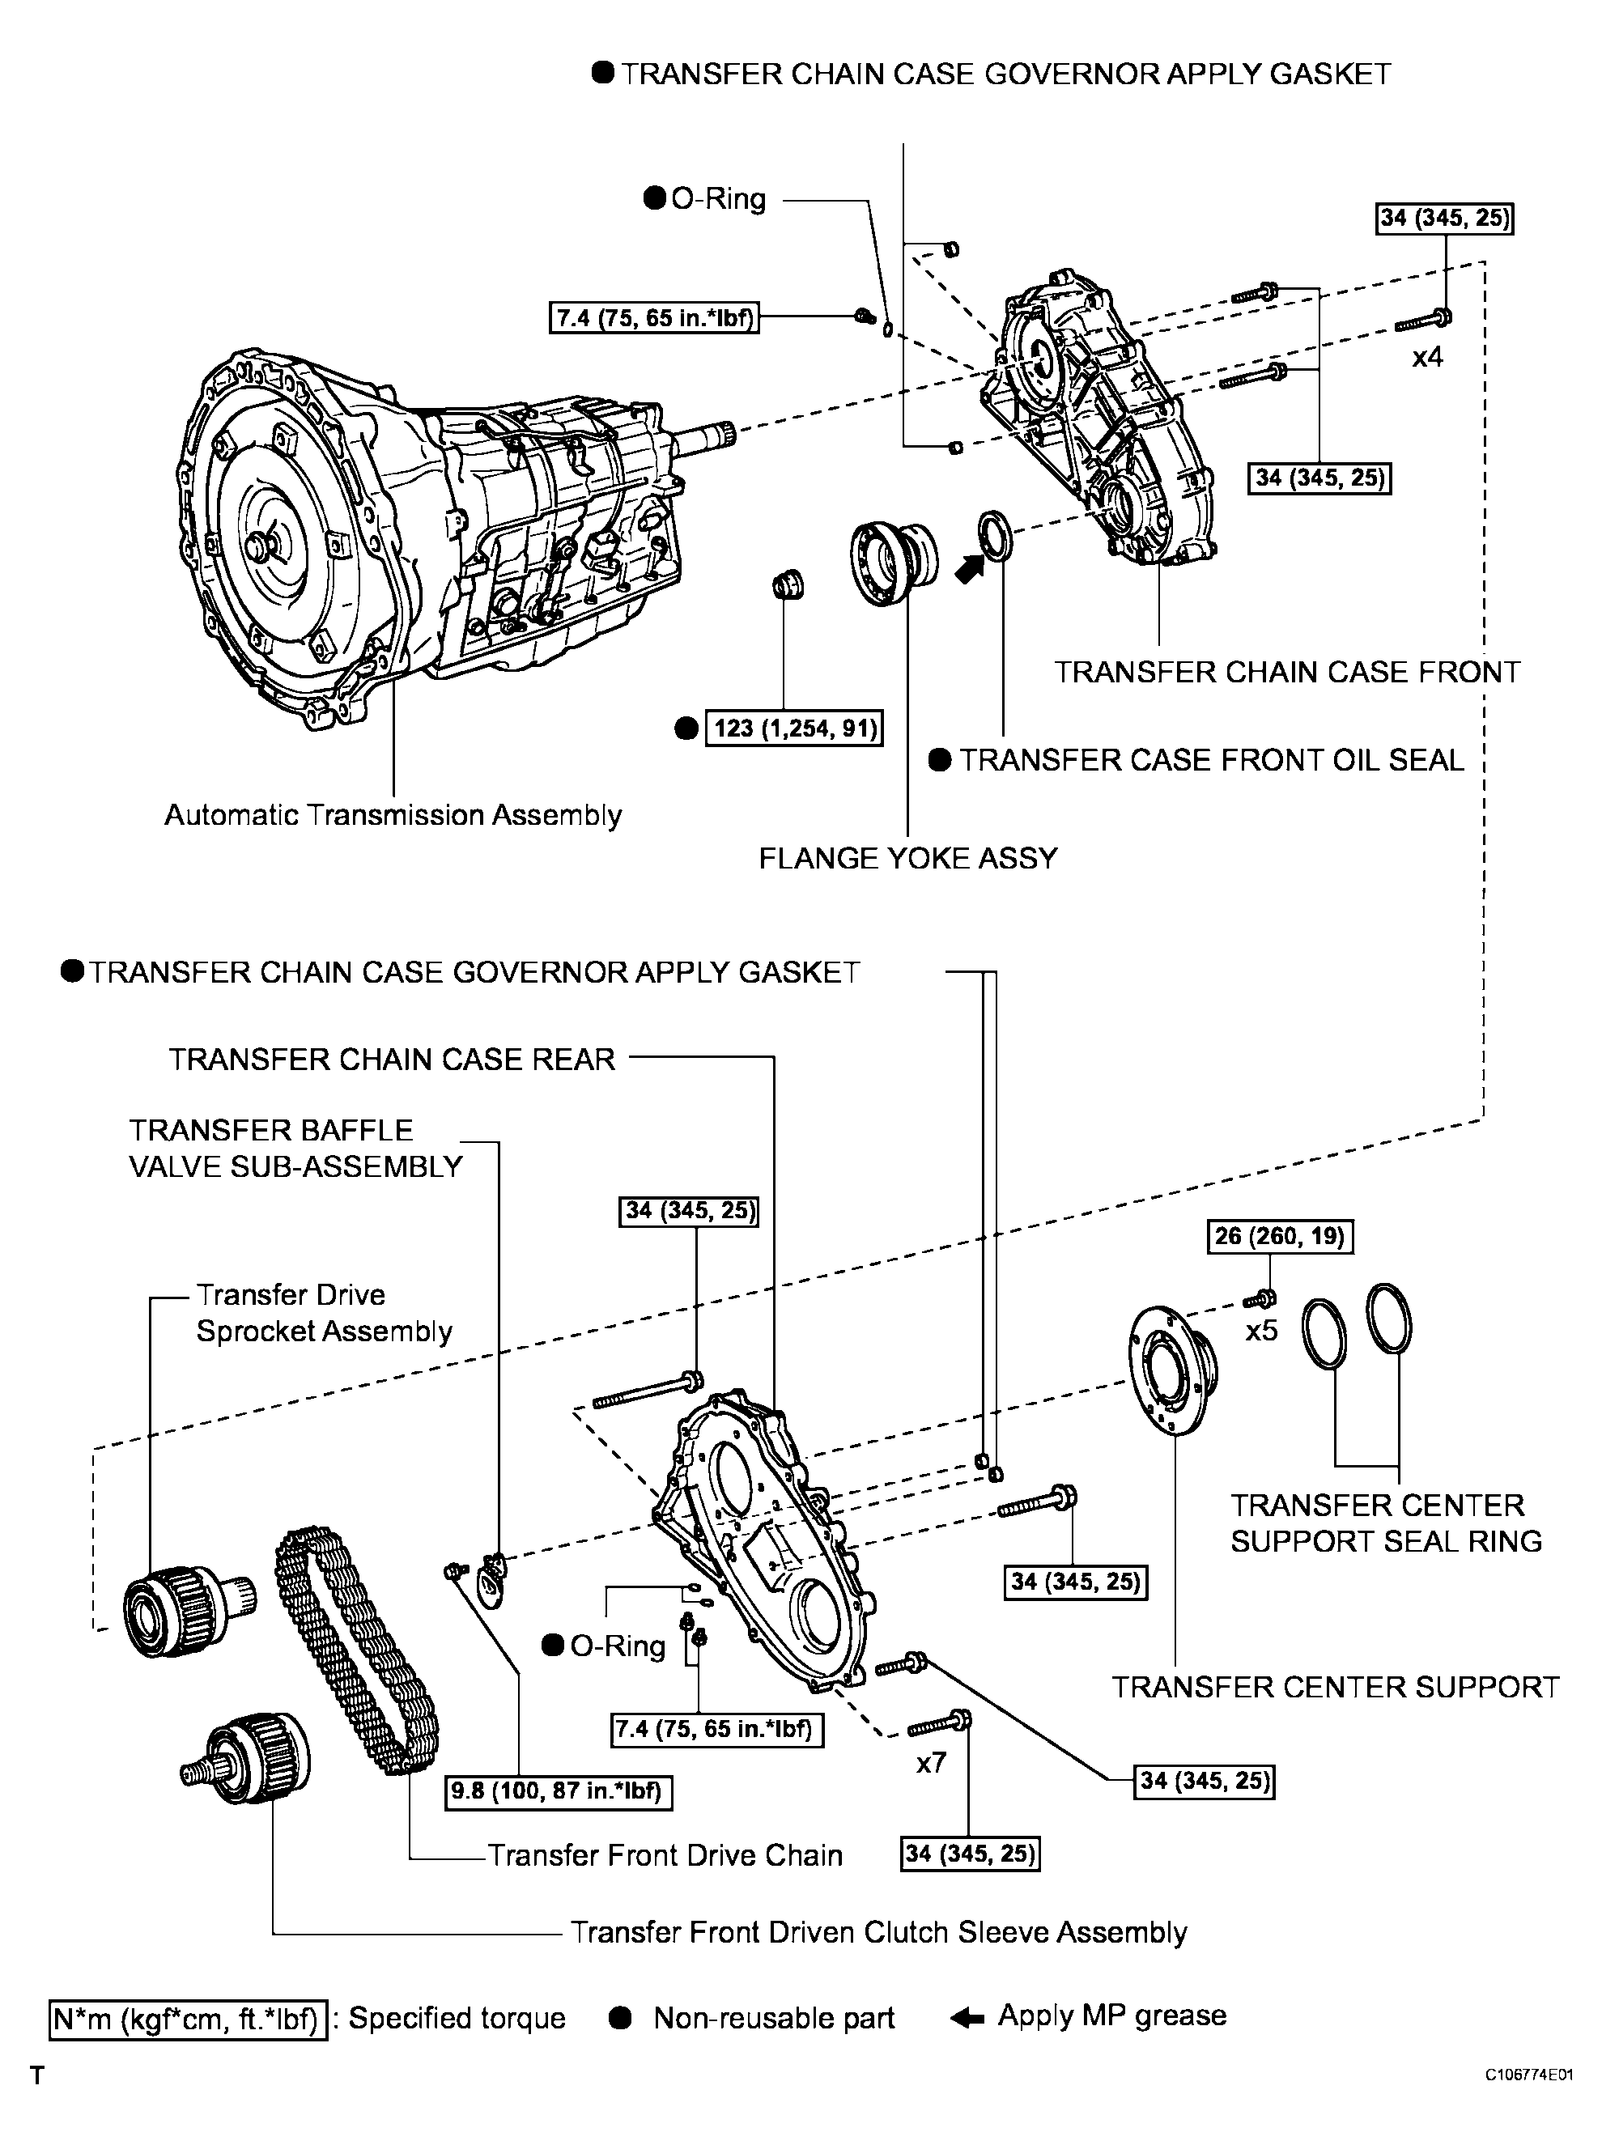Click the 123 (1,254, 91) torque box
795,728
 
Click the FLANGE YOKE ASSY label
907,858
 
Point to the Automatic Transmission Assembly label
393,814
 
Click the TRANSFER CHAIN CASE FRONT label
1287,672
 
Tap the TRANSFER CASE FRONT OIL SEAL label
1211,759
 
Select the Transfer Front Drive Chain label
665,1855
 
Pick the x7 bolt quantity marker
931,1762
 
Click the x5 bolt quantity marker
1262,1331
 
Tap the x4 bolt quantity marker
1426,357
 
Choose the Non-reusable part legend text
773,2018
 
